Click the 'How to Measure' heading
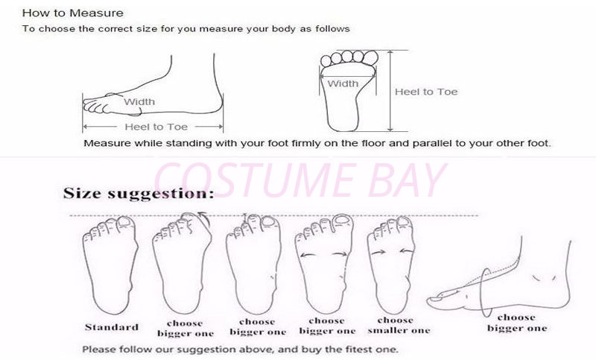[x=72, y=13]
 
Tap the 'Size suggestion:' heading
[x=139, y=194]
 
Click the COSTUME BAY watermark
[x=299, y=180]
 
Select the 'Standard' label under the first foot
[x=111, y=327]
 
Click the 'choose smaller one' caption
[x=399, y=326]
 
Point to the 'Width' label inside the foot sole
[x=343, y=83]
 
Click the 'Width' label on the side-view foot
[x=139, y=102]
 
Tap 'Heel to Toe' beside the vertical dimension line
[x=426, y=92]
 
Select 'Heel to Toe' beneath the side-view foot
[x=156, y=127]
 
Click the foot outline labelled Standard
[x=110, y=266]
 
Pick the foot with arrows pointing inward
[x=390, y=266]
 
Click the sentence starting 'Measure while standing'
[x=317, y=143]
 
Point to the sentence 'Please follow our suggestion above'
[x=240, y=349]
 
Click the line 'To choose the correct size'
[x=186, y=29]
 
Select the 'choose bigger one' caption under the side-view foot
[x=517, y=323]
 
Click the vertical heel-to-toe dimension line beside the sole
[x=390, y=90]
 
